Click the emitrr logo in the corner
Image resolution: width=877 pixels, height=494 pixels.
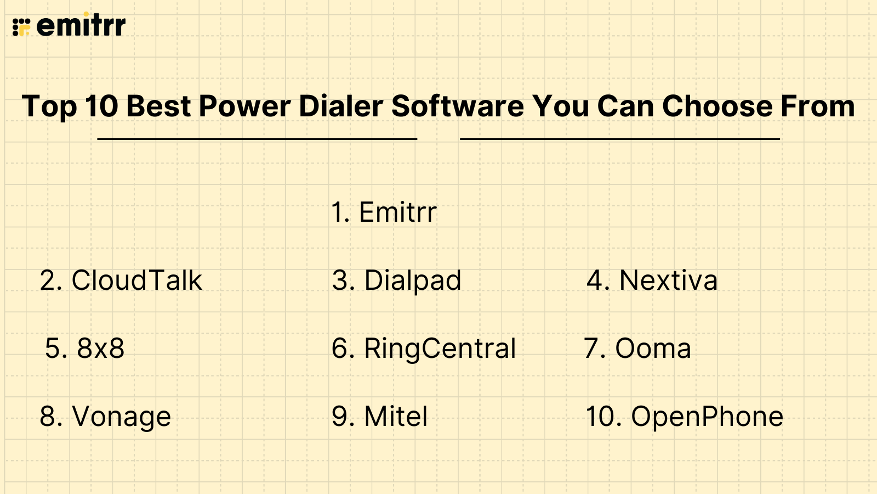[x=69, y=25]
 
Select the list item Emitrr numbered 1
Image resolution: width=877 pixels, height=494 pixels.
[x=384, y=212]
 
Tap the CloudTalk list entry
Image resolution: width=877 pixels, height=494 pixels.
[x=121, y=280]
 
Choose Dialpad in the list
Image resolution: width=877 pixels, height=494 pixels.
[x=397, y=281]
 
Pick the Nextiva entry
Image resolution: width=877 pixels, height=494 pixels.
[x=652, y=280]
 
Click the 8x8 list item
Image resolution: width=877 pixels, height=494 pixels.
[x=85, y=349]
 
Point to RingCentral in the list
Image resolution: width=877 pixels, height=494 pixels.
[x=424, y=349]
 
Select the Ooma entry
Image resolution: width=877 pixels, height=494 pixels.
[x=637, y=349]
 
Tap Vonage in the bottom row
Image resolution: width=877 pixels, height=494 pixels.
[x=105, y=417]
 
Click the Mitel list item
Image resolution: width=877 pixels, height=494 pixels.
[x=379, y=417]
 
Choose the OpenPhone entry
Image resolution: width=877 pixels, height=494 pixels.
[x=685, y=417]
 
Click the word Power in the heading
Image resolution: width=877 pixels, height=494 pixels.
[x=244, y=106]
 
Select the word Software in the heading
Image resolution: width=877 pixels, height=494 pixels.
[x=458, y=106]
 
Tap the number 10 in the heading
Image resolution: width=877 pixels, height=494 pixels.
[x=102, y=106]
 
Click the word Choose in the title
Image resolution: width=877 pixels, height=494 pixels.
[x=717, y=106]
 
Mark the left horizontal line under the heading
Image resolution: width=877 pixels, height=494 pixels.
[x=257, y=139]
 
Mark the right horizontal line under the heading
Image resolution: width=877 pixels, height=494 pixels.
[x=620, y=139]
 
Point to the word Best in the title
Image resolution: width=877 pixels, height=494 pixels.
[x=158, y=106]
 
